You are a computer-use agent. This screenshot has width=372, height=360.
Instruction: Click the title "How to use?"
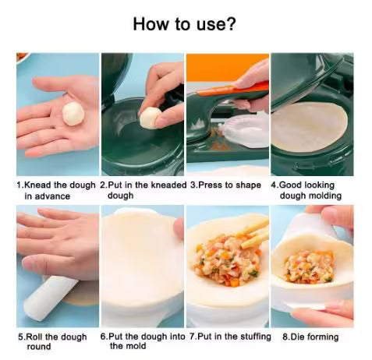coord(185,23)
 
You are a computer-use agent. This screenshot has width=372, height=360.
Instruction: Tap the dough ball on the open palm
coord(73,113)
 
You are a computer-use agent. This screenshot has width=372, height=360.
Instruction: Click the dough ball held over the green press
coord(149,118)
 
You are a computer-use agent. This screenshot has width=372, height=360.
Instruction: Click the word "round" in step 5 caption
coord(38,347)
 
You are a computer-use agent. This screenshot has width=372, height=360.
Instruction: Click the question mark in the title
coord(231,23)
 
